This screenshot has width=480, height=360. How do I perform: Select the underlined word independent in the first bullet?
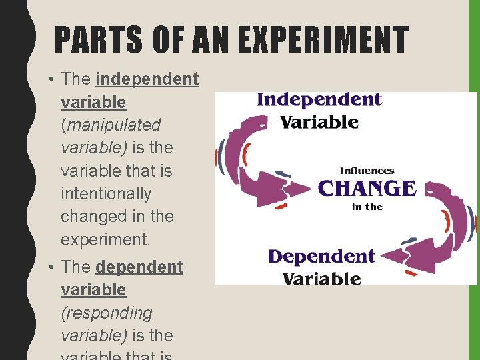[x=147, y=79]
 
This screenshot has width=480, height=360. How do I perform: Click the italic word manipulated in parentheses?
[x=113, y=125]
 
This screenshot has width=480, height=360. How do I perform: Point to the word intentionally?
[x=106, y=193]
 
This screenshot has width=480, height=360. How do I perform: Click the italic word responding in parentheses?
[x=107, y=313]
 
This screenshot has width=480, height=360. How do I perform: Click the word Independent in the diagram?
[x=319, y=100]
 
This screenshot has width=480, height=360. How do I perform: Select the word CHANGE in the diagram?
[x=367, y=188]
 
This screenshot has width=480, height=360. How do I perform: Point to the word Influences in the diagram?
[x=367, y=171]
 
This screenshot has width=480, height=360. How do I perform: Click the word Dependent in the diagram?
[x=321, y=257]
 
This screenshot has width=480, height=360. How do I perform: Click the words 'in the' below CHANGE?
[x=367, y=207]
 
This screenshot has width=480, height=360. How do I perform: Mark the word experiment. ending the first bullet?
[x=105, y=239]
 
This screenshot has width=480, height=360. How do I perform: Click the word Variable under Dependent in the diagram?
[x=322, y=277]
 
